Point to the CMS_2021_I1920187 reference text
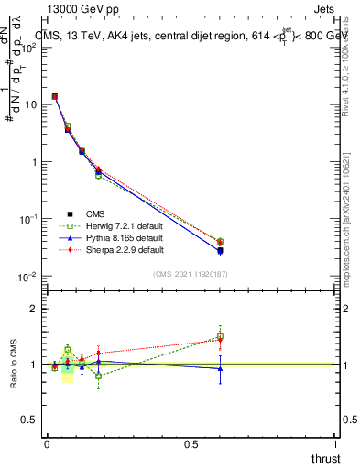[191, 274]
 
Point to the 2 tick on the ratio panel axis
[34, 309]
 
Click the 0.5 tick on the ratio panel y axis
[29, 421]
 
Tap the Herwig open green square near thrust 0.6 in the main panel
[220, 241]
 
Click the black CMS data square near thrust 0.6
[220, 251]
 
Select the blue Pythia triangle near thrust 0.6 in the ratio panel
[220, 368]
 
